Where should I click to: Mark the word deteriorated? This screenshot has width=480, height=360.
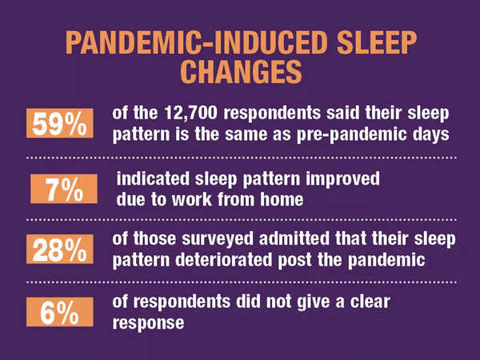click(x=210, y=260)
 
